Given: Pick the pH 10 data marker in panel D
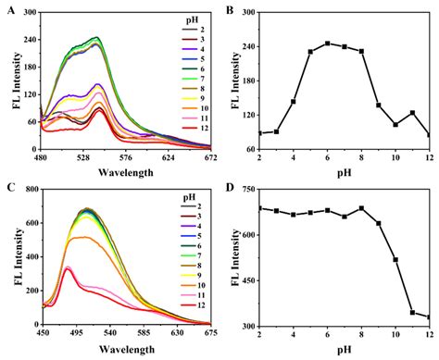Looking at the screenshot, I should (x=395, y=259).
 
